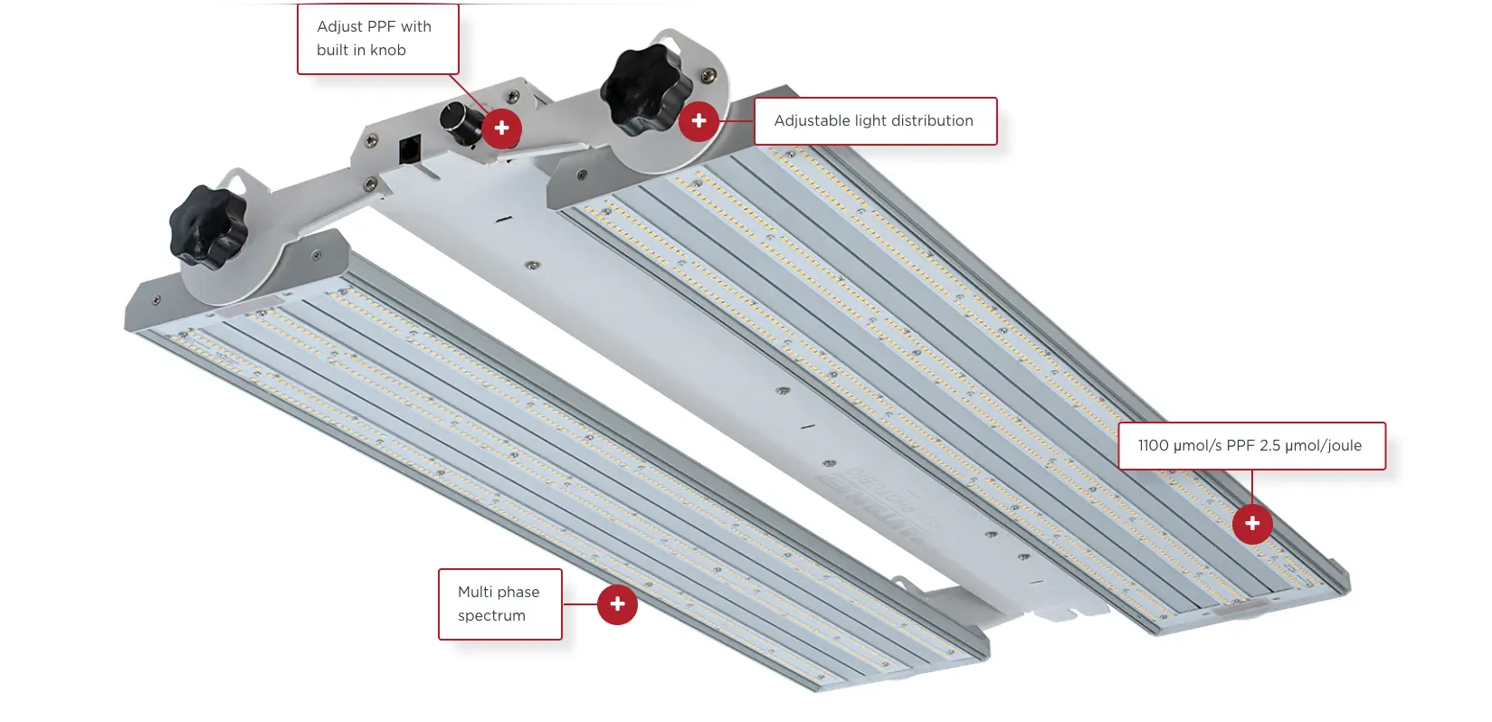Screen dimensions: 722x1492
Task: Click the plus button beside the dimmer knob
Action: (x=501, y=128)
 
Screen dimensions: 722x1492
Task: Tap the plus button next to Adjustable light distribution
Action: (x=698, y=120)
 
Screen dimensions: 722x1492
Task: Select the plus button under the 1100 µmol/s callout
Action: (x=1252, y=524)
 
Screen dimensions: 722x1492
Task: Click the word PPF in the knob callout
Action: (x=381, y=27)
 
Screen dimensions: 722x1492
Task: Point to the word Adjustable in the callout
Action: (x=811, y=121)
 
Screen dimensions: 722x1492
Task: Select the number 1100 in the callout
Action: (x=1153, y=446)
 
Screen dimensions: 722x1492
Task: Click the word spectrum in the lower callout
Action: (x=491, y=616)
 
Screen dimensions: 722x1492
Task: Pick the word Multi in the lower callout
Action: (x=475, y=593)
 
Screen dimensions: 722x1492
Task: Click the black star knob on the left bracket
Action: (x=207, y=227)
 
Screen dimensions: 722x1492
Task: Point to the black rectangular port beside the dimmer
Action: (x=410, y=150)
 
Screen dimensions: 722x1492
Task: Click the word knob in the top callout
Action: (x=388, y=51)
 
